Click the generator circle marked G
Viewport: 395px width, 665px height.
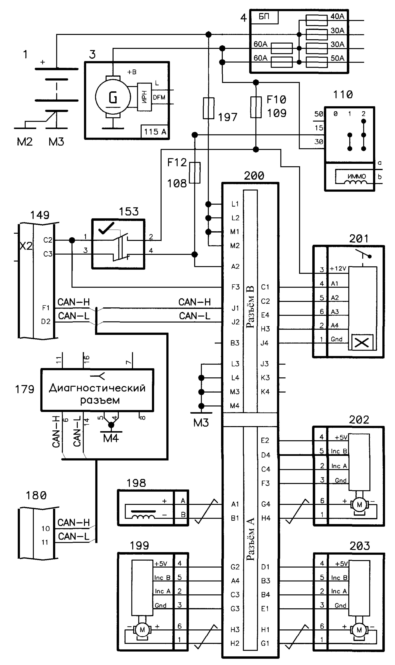click(x=113, y=97)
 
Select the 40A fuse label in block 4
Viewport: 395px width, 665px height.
click(x=337, y=16)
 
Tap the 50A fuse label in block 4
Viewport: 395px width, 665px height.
click(x=337, y=58)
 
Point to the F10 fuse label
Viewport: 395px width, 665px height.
click(x=277, y=100)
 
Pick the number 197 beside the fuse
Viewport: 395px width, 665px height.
click(x=228, y=117)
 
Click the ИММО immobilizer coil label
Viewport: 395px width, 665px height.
click(x=357, y=176)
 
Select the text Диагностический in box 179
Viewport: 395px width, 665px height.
click(x=97, y=388)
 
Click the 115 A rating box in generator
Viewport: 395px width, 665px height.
click(x=155, y=132)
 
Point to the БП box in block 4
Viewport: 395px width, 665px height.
click(x=264, y=17)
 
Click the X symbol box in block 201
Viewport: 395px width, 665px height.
click(x=362, y=342)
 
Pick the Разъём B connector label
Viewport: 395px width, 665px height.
click(x=250, y=307)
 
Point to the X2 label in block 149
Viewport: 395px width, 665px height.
click(x=26, y=246)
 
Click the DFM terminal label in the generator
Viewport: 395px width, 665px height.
click(x=159, y=97)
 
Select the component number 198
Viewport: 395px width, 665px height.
click(x=136, y=483)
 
